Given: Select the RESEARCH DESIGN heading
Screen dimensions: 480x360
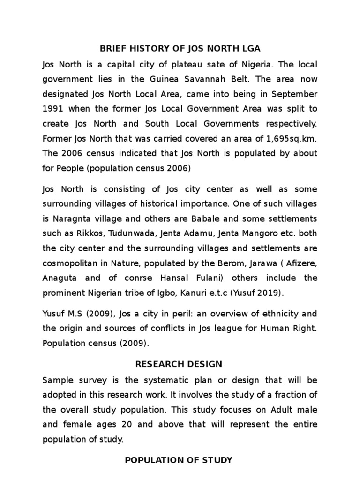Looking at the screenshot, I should click(x=179, y=364).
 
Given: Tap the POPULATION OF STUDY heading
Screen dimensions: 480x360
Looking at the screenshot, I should click(x=179, y=460).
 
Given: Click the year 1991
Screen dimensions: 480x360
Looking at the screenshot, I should click(x=52, y=108).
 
